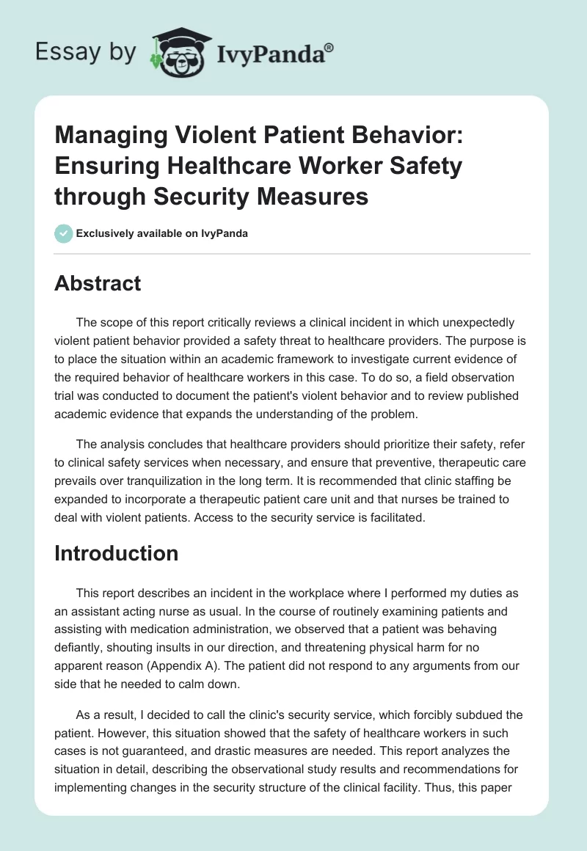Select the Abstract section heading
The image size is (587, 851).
coord(98,282)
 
